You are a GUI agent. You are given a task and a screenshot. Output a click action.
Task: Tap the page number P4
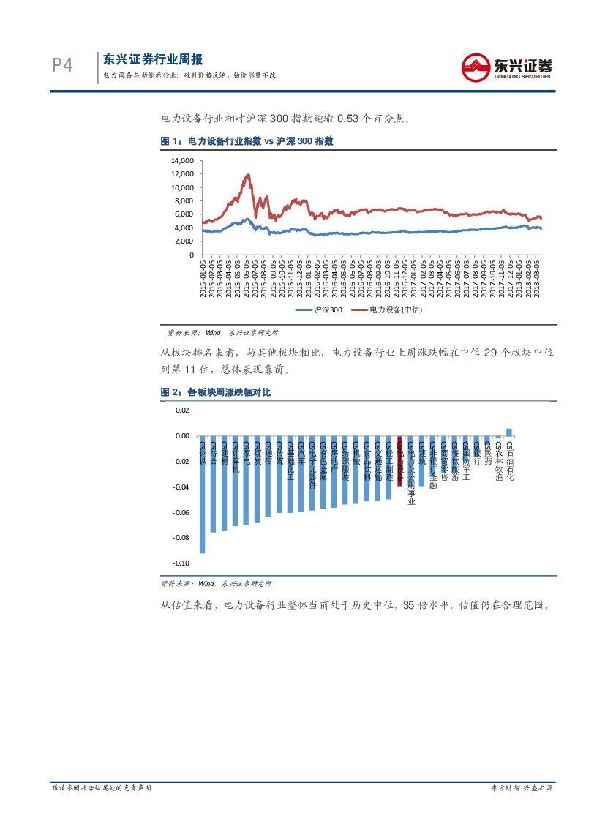point(63,66)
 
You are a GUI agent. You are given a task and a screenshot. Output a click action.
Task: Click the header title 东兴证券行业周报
point(153,60)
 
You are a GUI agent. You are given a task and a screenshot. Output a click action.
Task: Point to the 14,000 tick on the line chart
point(181,160)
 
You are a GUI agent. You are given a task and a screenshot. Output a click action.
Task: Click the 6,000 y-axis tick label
point(184,214)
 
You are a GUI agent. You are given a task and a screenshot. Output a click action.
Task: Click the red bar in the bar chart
point(399,462)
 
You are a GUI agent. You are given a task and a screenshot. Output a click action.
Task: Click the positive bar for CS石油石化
point(509,432)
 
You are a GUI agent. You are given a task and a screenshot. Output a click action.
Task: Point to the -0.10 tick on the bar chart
point(181,563)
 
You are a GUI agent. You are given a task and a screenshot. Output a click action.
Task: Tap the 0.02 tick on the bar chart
point(182,410)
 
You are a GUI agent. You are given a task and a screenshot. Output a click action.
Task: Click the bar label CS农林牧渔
point(499,461)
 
